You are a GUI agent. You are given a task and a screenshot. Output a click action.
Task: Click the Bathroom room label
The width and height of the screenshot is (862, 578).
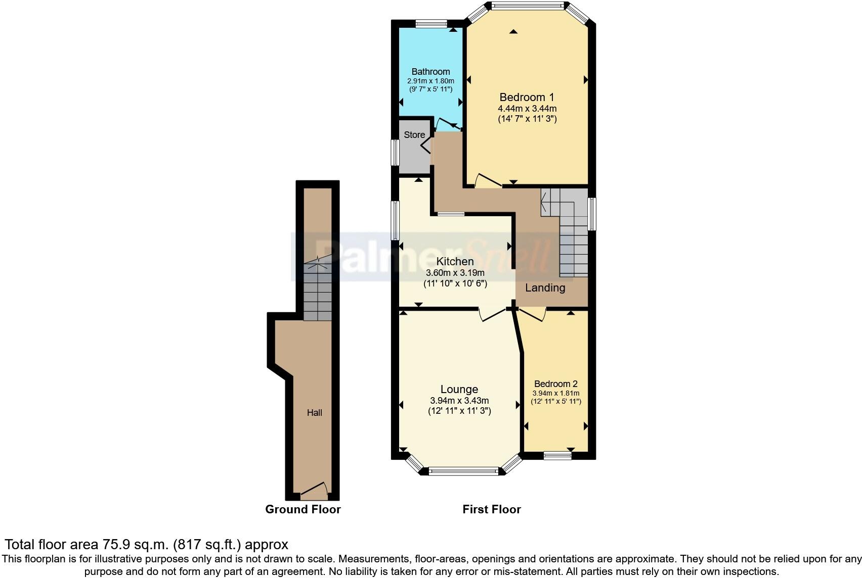pos(430,72)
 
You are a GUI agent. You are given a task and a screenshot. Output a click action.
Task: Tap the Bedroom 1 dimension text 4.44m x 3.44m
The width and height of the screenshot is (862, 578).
pos(527,109)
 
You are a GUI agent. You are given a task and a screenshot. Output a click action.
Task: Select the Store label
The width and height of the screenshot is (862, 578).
pos(414,135)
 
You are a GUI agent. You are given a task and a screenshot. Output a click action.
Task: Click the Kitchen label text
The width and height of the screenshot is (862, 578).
pos(455,261)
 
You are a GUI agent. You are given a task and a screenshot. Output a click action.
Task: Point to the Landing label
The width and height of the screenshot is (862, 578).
pos(545,288)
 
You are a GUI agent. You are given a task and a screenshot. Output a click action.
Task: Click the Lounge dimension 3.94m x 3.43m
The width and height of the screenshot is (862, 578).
pos(459,401)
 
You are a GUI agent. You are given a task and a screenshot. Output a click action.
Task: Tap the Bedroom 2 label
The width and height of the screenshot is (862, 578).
pos(555,384)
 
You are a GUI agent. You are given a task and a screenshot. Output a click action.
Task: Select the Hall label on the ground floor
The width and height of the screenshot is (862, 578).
pos(315,413)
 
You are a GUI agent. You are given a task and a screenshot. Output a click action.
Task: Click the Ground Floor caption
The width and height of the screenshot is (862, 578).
pos(303,509)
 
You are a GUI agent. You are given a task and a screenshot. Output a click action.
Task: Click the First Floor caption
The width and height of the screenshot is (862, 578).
pos(491,509)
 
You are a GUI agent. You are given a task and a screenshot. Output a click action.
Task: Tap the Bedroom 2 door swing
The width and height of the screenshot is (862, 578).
pos(532,315)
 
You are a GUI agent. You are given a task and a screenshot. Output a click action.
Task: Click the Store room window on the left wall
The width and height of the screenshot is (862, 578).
pos(395,152)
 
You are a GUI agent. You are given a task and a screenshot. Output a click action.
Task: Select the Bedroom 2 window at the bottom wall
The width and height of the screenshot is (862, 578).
pos(557,456)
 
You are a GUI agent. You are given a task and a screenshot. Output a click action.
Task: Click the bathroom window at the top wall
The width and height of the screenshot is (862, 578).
pos(431,23)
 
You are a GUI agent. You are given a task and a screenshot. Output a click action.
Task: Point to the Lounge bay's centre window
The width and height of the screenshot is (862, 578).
pos(463,471)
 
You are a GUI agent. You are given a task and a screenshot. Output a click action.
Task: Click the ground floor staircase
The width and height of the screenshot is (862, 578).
pos(318,291)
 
